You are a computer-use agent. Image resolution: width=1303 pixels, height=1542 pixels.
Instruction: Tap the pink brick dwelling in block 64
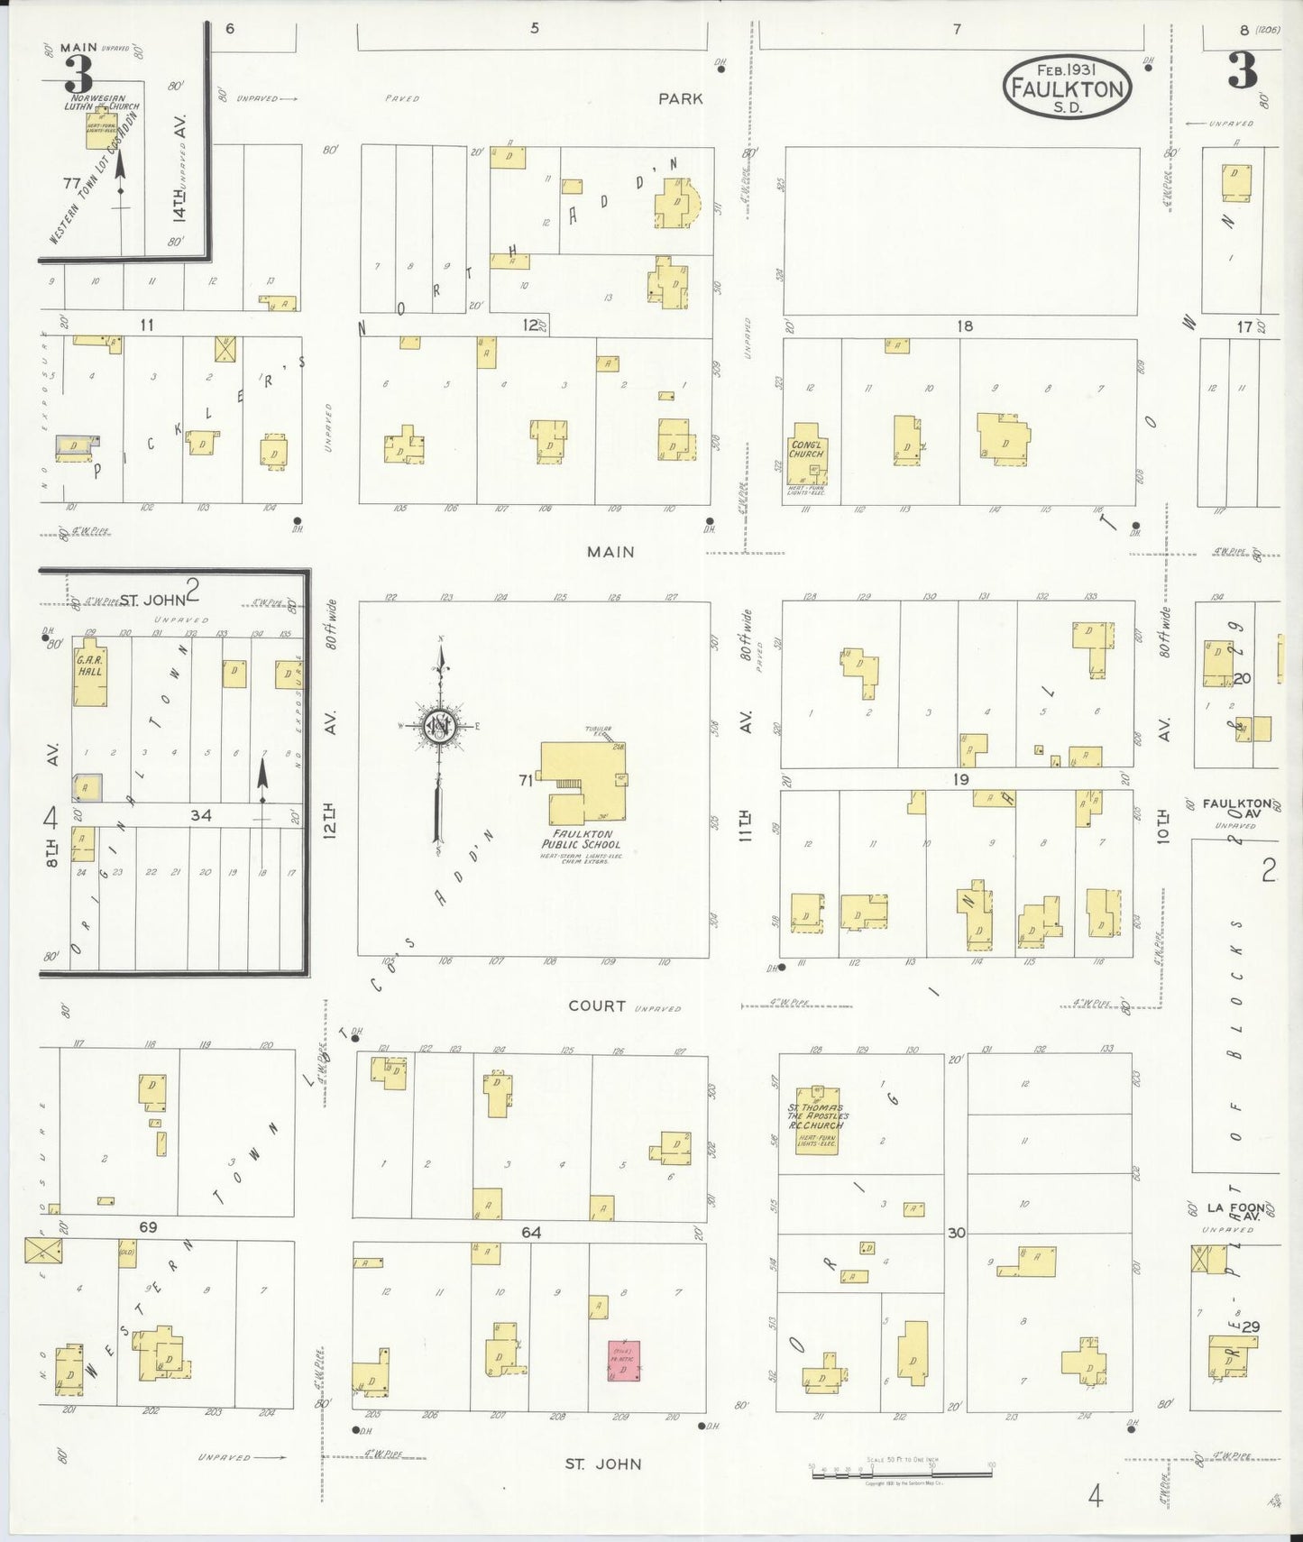(x=623, y=1361)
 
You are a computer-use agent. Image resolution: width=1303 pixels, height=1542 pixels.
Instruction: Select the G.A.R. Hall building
(x=89, y=675)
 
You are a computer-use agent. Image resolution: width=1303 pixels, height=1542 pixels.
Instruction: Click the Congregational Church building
(x=807, y=454)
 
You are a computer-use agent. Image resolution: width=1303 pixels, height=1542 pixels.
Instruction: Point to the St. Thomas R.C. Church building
(x=818, y=1118)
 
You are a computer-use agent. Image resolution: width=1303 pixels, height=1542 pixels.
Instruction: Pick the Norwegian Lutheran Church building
(x=100, y=124)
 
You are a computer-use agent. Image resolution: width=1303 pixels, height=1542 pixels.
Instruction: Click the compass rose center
(x=440, y=724)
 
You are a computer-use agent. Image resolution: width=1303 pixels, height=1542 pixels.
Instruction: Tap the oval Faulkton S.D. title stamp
(x=1067, y=87)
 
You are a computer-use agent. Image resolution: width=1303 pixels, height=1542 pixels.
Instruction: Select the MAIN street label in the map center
(x=610, y=552)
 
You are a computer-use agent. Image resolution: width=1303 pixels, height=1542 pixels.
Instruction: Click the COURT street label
(x=597, y=1005)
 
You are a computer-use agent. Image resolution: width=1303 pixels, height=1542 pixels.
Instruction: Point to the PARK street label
(x=680, y=98)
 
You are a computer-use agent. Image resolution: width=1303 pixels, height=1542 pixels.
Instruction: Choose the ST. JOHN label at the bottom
(x=603, y=1464)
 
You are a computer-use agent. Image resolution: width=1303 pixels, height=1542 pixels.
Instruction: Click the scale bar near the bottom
(x=902, y=1473)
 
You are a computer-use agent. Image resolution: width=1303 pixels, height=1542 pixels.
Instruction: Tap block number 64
(x=531, y=1232)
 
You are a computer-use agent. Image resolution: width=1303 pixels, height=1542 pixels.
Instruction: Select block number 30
(x=956, y=1232)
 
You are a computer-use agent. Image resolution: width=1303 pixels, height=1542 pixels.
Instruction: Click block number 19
(x=960, y=779)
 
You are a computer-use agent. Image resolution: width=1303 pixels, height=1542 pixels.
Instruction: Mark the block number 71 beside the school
(x=526, y=780)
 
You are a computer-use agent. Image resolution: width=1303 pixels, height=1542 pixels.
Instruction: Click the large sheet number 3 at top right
(x=1243, y=71)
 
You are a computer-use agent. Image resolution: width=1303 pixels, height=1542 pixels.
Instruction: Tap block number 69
(x=148, y=1226)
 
